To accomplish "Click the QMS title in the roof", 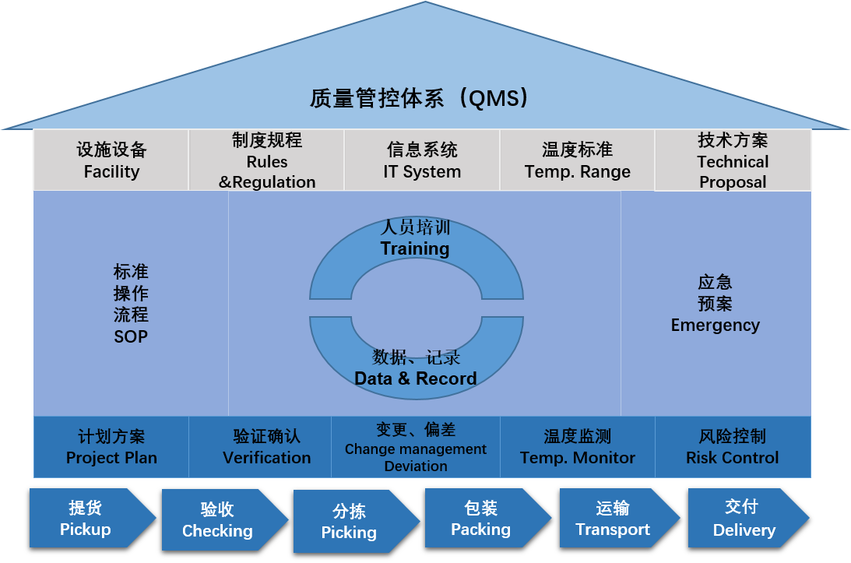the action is (x=418, y=98).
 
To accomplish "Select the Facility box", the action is (x=111, y=160).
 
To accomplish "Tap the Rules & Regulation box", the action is (x=266, y=160).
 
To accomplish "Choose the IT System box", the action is (x=422, y=160).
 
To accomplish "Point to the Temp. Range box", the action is (x=577, y=160).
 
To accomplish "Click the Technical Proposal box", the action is (x=733, y=160).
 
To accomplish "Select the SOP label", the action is (x=131, y=336).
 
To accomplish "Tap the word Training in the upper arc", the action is (x=415, y=248).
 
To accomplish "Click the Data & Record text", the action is (x=416, y=378).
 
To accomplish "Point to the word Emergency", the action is (x=716, y=325).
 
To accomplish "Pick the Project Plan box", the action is (x=111, y=447).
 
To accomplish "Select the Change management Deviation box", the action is (x=415, y=447).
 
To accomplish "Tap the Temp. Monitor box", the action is (x=578, y=447).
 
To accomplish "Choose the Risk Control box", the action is (x=733, y=447).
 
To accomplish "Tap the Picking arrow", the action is (x=357, y=521).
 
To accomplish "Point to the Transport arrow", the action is (x=620, y=518).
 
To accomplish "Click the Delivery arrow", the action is (x=748, y=518).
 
